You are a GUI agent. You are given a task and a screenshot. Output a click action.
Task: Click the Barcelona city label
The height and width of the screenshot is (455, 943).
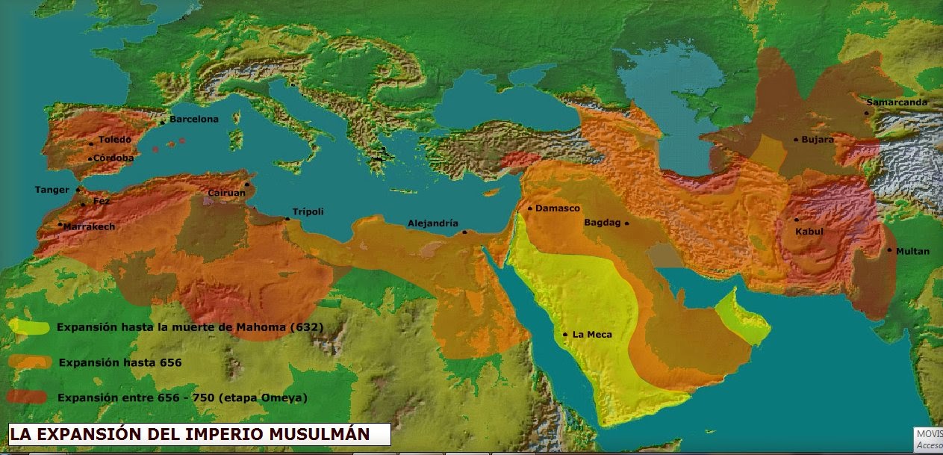pos(193,120)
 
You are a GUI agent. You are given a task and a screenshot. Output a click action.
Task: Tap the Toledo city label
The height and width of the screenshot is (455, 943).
pos(114,140)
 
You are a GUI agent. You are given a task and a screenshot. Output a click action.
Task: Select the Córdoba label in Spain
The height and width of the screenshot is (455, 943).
pos(113,158)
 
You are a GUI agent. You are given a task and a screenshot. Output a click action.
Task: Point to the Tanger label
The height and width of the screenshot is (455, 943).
pos(52,190)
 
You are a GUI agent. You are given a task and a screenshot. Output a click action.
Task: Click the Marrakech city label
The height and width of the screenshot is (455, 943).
pos(90,226)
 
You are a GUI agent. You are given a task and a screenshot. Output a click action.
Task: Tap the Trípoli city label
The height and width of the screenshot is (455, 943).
pos(308,211)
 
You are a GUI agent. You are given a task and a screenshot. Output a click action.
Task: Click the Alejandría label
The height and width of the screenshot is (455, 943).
pos(432,223)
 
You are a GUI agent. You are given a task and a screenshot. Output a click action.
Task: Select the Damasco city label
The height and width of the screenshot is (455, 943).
pos(557,208)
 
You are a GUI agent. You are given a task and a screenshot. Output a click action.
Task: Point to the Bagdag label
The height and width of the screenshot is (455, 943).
pos(602,223)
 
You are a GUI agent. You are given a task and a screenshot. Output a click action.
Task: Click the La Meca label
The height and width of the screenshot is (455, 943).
pos(591,335)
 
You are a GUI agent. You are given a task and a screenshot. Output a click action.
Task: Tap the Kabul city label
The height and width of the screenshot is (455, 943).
pos(809,232)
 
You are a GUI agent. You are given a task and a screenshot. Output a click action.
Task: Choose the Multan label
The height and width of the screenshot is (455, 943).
pos(912,251)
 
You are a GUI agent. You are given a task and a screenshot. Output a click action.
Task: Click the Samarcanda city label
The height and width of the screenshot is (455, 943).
pos(897,102)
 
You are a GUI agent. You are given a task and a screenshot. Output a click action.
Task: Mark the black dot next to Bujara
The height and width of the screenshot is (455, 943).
pos(796,140)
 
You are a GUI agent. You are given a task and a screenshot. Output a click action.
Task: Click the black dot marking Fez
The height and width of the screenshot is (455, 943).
pos(83,204)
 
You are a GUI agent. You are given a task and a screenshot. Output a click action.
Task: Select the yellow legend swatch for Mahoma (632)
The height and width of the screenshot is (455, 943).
pos(30,327)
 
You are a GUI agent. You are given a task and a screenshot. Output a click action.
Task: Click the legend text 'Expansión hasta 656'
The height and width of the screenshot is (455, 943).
pos(119,362)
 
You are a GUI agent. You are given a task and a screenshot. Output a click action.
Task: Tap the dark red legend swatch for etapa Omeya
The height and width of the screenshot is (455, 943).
pos(28,397)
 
